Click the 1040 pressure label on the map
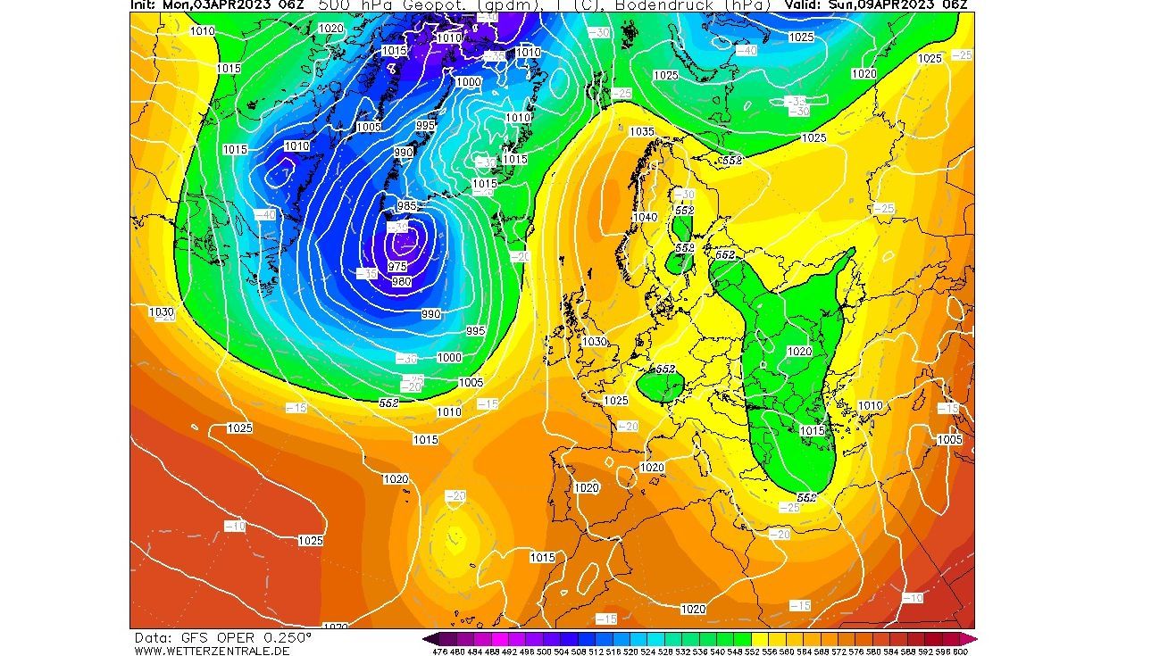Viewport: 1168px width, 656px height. tap(645, 218)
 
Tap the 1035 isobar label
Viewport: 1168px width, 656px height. tap(641, 131)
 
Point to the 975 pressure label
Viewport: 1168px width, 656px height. tap(397, 266)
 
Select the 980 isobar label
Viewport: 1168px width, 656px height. tap(402, 282)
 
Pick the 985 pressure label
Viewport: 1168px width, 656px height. tap(407, 206)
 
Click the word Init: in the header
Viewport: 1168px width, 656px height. tap(145, 4)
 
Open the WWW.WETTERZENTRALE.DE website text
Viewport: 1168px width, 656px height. tap(213, 650)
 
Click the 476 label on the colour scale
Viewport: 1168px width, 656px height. tap(439, 652)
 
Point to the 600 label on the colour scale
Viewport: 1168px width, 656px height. tap(961, 652)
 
